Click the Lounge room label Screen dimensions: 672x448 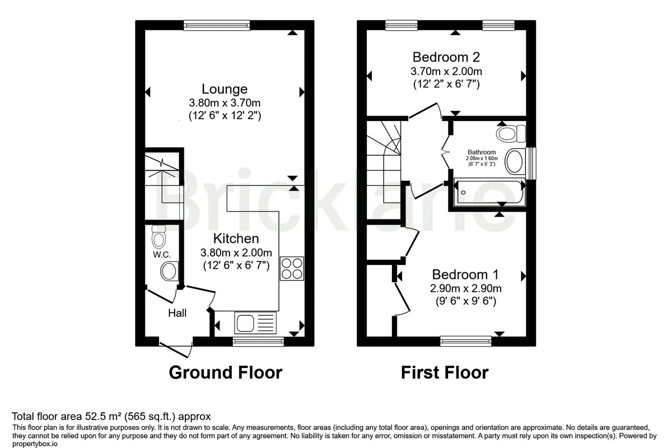click(x=225, y=89)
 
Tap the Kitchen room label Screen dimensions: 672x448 click(x=236, y=239)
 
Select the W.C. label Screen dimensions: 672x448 click(x=162, y=255)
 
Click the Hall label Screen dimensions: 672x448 click(x=177, y=313)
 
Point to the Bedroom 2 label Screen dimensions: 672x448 click(x=446, y=57)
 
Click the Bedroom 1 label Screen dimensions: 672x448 click(x=465, y=274)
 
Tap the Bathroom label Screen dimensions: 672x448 click(x=482, y=152)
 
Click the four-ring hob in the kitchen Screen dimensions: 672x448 click(x=292, y=269)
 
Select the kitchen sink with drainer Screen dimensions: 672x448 click(x=255, y=323)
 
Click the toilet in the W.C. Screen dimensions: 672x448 click(x=158, y=236)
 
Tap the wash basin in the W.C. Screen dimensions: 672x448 click(x=170, y=271)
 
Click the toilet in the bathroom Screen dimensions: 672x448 click(x=511, y=134)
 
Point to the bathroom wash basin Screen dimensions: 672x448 click(x=515, y=161)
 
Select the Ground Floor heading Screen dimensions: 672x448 click(x=226, y=372)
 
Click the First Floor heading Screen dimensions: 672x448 click(x=445, y=372)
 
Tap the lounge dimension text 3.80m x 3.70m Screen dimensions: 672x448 click(x=225, y=103)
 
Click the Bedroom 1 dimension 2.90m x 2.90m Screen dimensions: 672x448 click(x=465, y=288)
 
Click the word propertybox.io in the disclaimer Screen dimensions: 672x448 click(x=35, y=444)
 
